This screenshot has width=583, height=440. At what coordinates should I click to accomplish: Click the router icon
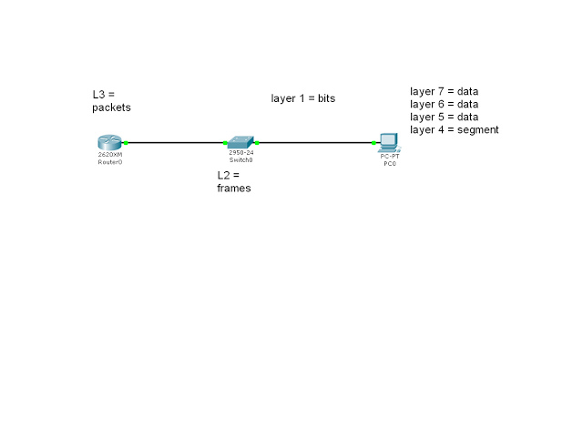[x=109, y=142]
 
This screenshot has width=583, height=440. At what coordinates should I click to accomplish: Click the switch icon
[x=240, y=142]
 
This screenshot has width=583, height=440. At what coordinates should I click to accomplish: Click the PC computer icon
[x=389, y=143]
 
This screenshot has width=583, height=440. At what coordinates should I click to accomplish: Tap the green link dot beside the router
[x=126, y=143]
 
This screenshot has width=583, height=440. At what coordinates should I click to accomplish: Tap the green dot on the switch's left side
[x=225, y=143]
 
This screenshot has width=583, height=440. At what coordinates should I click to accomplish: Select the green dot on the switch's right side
[x=257, y=143]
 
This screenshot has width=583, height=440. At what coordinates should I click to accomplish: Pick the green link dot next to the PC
[x=373, y=143]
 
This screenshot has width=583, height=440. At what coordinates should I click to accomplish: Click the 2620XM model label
[x=110, y=154]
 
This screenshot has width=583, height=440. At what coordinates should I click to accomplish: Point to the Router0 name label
[x=110, y=162]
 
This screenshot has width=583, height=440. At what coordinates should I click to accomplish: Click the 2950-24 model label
[x=241, y=152]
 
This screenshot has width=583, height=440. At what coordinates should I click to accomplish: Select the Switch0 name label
[x=240, y=160]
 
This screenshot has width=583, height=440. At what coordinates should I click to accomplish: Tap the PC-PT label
[x=390, y=156]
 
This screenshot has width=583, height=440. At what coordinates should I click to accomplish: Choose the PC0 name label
[x=390, y=164]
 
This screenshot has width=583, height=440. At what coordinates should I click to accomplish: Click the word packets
[x=111, y=107]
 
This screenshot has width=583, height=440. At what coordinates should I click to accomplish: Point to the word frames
[x=234, y=189]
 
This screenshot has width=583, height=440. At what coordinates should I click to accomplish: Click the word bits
[x=326, y=98]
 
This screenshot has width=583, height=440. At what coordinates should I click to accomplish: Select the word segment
[x=477, y=130]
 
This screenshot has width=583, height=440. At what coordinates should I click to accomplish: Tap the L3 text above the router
[x=99, y=95]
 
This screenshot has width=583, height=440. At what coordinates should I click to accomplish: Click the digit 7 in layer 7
[x=441, y=91]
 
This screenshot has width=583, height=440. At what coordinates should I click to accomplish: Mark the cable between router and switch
[x=176, y=142]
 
